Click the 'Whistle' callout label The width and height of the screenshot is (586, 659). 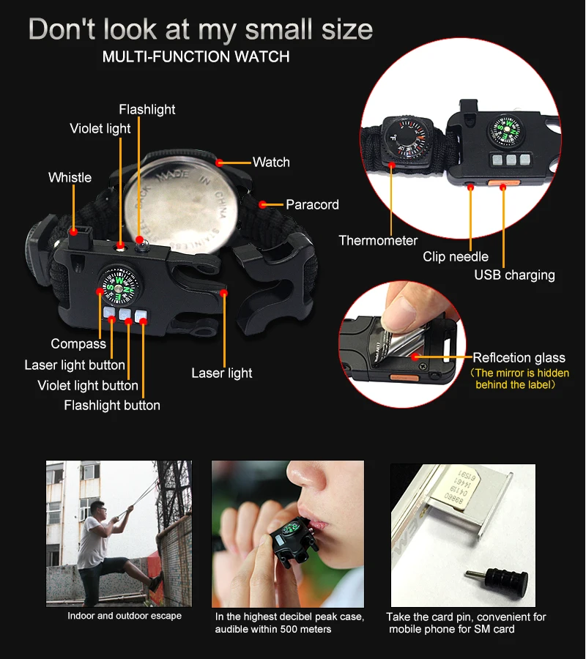pyautogui.click(x=70, y=177)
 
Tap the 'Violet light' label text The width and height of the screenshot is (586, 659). pyautogui.click(x=100, y=129)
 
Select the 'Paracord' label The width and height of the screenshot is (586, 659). pyautogui.click(x=312, y=205)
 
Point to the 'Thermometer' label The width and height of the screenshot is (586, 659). pyautogui.click(x=378, y=240)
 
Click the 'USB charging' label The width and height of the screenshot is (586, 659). pyautogui.click(x=514, y=275)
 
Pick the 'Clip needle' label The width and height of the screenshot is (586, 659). pyautogui.click(x=456, y=256)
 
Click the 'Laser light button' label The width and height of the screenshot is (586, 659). pyautogui.click(x=75, y=365)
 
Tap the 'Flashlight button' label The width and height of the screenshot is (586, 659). pyautogui.click(x=112, y=405)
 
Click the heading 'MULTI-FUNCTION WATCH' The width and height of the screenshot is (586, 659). pyautogui.click(x=196, y=56)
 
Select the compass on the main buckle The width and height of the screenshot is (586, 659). pyautogui.click(x=121, y=286)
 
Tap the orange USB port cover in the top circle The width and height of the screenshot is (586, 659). pyautogui.click(x=504, y=183)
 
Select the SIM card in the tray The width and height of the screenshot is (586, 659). pyautogui.click(x=462, y=488)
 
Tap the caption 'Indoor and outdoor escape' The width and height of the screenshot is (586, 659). pyautogui.click(x=125, y=616)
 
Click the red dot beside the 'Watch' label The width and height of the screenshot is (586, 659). pyautogui.click(x=219, y=163)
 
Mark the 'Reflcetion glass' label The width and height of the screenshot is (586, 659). pyautogui.click(x=519, y=357)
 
